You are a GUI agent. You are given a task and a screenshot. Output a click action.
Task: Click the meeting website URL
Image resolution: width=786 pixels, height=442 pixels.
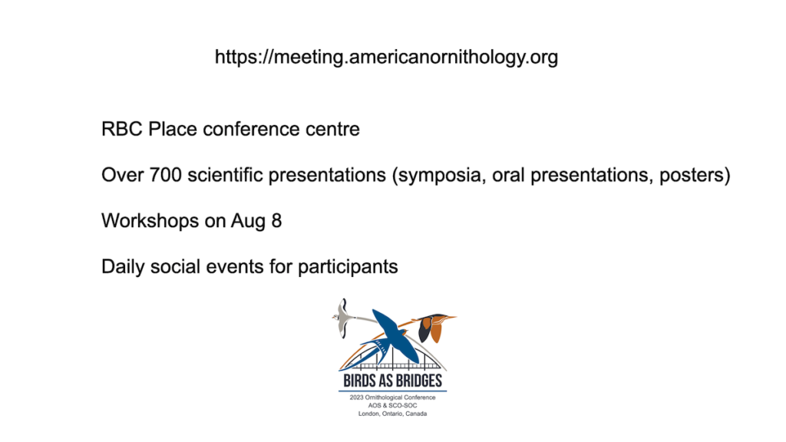(387, 57)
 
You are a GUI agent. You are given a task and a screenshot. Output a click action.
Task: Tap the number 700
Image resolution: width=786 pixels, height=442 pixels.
(166, 175)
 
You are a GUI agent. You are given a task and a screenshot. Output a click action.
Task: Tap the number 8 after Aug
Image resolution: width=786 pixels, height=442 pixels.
(276, 221)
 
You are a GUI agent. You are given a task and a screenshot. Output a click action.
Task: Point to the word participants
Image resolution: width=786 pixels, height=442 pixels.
(348, 267)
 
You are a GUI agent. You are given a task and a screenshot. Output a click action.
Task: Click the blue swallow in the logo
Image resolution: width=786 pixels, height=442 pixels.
(392, 338)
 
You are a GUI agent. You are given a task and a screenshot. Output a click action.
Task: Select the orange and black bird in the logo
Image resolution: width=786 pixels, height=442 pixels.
(434, 327)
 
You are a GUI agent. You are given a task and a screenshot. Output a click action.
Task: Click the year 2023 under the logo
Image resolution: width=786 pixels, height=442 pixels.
(356, 397)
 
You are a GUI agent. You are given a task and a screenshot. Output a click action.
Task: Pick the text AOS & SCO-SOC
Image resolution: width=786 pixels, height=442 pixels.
(392, 405)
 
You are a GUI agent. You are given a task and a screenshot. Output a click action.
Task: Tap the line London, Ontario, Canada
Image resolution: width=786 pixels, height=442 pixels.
(392, 414)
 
